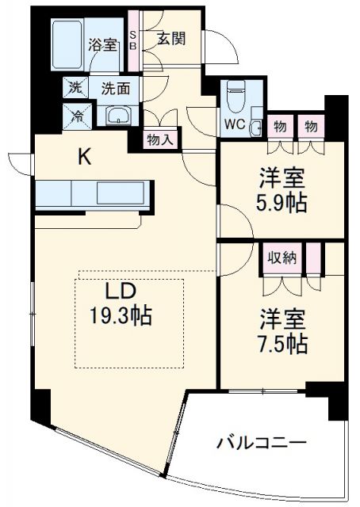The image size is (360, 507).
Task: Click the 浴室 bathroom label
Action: coord(102,44)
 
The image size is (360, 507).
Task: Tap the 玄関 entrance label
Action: coord(170,38)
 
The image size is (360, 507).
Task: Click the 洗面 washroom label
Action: coord(115,87)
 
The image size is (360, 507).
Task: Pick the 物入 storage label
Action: coord(161,138)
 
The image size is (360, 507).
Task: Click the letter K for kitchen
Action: coord(84,157)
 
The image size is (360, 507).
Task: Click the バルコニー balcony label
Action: coord(262,441)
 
